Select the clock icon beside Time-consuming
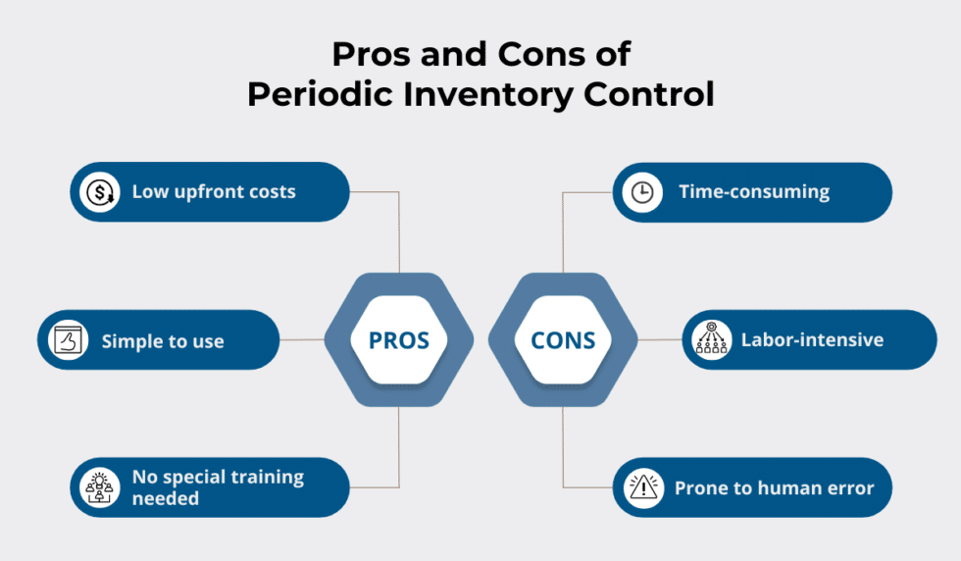coord(642,192)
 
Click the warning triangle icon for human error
coord(642,487)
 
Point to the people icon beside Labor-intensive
coord(711,340)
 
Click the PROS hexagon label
coord(398,340)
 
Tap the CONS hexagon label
coord(563,340)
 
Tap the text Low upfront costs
coord(214,192)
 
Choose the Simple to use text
coord(163,341)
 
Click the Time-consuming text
coord(753,192)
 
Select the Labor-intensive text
coord(812,340)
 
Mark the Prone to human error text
coord(774,487)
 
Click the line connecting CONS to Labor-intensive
coord(659,340)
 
